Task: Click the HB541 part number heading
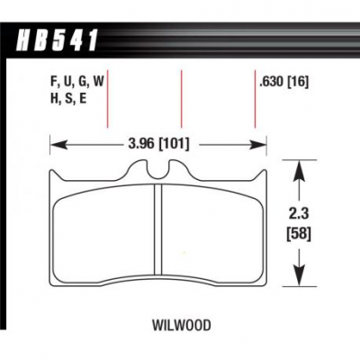[x=57, y=40]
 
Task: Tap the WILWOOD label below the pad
[x=182, y=325]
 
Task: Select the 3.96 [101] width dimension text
[x=159, y=144]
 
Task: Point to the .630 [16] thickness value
[x=283, y=82]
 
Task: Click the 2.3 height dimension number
[x=300, y=215]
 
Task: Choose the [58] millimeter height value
[x=299, y=234]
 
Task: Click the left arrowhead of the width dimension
[x=58, y=145]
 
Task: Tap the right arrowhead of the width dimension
[x=259, y=145]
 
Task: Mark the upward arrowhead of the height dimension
[x=299, y=170]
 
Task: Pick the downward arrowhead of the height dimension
[x=299, y=275]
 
